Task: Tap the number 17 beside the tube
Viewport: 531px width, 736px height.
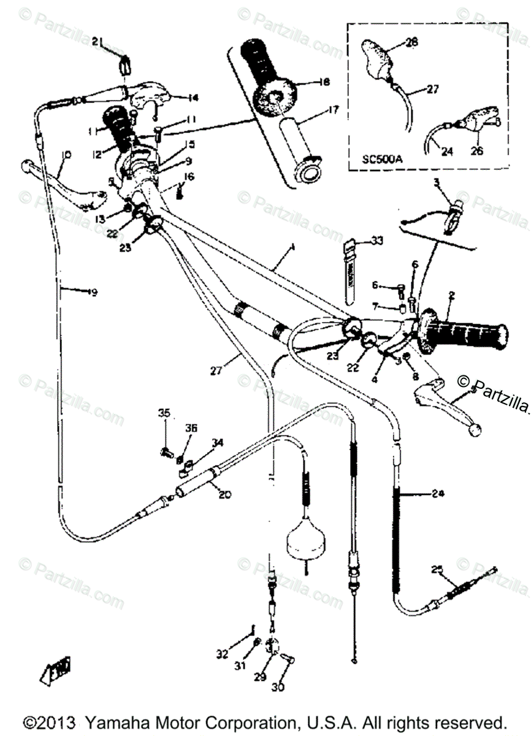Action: click(x=333, y=110)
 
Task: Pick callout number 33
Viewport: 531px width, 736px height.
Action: click(x=376, y=241)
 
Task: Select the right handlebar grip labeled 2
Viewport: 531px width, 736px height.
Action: click(x=466, y=337)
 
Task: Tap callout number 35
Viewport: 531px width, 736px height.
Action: click(x=164, y=413)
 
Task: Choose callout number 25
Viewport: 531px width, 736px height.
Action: click(x=437, y=569)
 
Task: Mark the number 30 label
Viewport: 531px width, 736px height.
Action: click(x=278, y=688)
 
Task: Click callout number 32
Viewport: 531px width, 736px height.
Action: click(x=222, y=654)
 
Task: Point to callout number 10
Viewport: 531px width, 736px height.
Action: click(x=66, y=155)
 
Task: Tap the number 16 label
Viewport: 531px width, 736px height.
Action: click(x=189, y=177)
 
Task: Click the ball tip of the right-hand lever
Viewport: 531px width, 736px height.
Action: click(x=475, y=431)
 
